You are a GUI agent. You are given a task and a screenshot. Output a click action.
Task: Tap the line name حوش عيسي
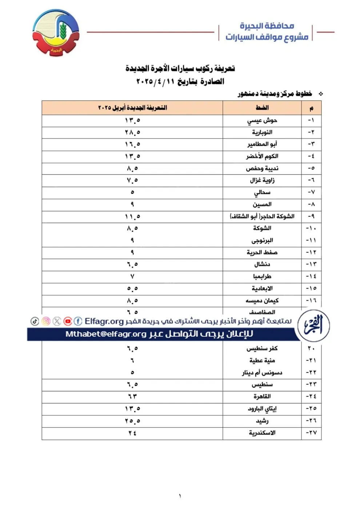pyautogui.click(x=262, y=120)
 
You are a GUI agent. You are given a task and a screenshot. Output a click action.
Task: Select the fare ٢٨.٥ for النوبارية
pyautogui.click(x=132, y=132)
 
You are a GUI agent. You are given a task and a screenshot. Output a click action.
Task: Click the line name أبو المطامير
pyautogui.click(x=262, y=144)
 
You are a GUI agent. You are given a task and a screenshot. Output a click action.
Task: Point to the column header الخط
pyautogui.click(x=262, y=108)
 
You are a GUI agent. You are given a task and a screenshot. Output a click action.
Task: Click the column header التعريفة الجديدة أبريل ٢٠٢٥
pyautogui.click(x=132, y=108)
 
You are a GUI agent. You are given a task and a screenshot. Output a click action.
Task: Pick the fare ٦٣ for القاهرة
pyautogui.click(x=132, y=396)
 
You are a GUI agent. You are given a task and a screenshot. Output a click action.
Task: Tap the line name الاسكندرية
pyautogui.click(x=262, y=433)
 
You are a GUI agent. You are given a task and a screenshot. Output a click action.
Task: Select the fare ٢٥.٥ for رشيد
pyautogui.click(x=132, y=421)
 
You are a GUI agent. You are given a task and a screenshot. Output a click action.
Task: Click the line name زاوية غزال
pyautogui.click(x=262, y=180)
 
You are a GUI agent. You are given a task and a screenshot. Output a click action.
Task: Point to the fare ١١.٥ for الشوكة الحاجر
pyautogui.click(x=132, y=217)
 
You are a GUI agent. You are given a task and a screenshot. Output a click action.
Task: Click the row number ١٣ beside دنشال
pyautogui.click(x=311, y=264)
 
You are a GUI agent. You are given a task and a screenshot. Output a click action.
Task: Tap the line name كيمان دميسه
pyautogui.click(x=262, y=301)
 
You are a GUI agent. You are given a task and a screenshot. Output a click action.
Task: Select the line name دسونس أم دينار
pyautogui.click(x=262, y=372)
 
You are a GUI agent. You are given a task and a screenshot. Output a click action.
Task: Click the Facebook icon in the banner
pyautogui.click(x=78, y=321)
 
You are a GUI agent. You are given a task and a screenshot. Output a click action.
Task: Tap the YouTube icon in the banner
pyautogui.click(x=68, y=321)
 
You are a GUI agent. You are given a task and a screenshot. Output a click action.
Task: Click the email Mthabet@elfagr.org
pyautogui.click(x=106, y=334)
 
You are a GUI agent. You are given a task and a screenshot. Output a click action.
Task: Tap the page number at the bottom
pyautogui.click(x=180, y=496)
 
